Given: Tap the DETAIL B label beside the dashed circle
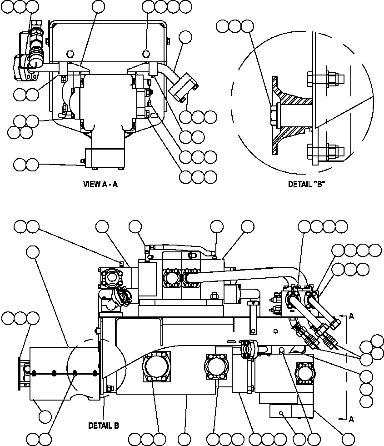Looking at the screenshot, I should tap(104, 426).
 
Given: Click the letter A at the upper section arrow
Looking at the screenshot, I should tap(351, 317).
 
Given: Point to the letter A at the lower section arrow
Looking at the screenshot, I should tap(351, 420).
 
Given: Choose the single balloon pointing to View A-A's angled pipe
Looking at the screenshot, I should tap(185, 37).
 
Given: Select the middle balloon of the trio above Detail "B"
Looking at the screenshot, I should tap(235, 26).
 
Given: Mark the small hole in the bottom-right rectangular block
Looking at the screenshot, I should tap(282, 412).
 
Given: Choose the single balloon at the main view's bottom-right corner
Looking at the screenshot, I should tap(348, 439).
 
